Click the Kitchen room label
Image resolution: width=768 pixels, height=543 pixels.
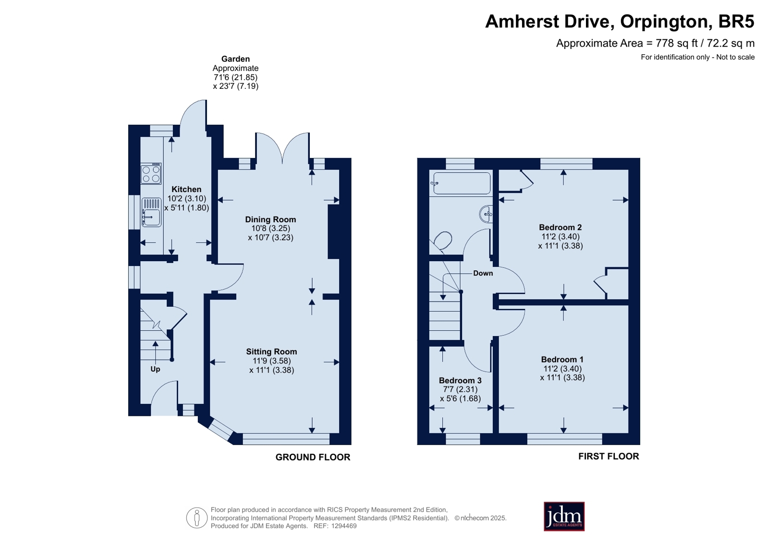186,189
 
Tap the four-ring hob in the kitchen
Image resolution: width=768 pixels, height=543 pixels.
151,174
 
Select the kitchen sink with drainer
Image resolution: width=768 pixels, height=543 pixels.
151,213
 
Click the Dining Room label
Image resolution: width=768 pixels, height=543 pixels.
270,219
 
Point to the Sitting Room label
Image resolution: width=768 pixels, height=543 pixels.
271,352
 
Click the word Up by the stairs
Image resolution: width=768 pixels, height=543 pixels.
155,369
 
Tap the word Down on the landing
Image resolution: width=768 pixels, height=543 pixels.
483,273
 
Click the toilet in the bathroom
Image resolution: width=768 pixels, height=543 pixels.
443,241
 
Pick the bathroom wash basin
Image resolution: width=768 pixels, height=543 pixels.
486,214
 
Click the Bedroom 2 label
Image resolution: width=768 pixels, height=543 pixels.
561,227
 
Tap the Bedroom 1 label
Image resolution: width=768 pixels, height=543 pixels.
562,360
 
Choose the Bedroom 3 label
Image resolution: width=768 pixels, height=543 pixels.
460,381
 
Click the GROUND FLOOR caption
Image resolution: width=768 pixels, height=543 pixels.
313,457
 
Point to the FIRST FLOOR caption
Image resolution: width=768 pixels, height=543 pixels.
609,456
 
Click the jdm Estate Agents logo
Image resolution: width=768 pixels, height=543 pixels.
564,517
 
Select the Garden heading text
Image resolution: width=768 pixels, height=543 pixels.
235,59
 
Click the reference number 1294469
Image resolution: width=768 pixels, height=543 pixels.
343,526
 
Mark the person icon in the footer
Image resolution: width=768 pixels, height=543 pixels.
197,518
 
